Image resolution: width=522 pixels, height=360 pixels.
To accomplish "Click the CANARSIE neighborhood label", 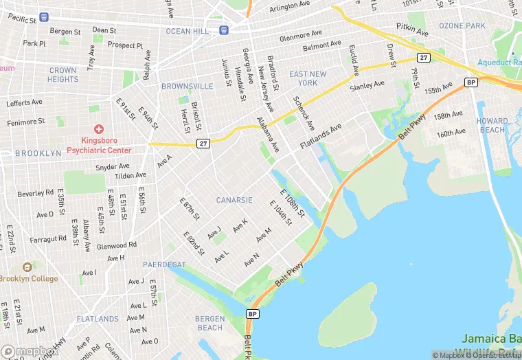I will tap(235, 200).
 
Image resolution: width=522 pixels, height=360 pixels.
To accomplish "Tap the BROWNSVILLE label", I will tap(187, 87).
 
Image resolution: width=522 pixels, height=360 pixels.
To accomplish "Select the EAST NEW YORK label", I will tap(308, 78).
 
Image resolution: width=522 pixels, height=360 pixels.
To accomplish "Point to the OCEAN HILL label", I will tap(188, 31).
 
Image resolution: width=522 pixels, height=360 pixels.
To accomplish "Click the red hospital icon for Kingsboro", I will tap(99, 128).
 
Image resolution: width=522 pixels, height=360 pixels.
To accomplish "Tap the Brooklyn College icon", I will tap(27, 267).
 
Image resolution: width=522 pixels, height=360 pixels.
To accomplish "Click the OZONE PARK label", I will tap(462, 25).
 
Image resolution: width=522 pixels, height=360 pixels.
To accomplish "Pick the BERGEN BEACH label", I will tap(209, 323).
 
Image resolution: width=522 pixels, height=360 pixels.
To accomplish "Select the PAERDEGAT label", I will tap(164, 264).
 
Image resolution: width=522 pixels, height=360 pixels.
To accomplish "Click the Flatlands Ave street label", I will tap(319, 137).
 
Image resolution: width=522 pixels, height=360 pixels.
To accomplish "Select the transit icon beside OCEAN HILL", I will tap(224, 30).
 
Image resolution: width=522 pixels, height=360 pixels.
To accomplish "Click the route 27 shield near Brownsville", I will tap(202, 143).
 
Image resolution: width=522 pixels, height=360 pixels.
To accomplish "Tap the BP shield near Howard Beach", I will tap(470, 82).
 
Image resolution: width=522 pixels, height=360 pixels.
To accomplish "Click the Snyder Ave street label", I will tap(113, 166).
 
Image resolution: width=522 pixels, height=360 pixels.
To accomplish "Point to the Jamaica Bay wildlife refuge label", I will tap(491, 344).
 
